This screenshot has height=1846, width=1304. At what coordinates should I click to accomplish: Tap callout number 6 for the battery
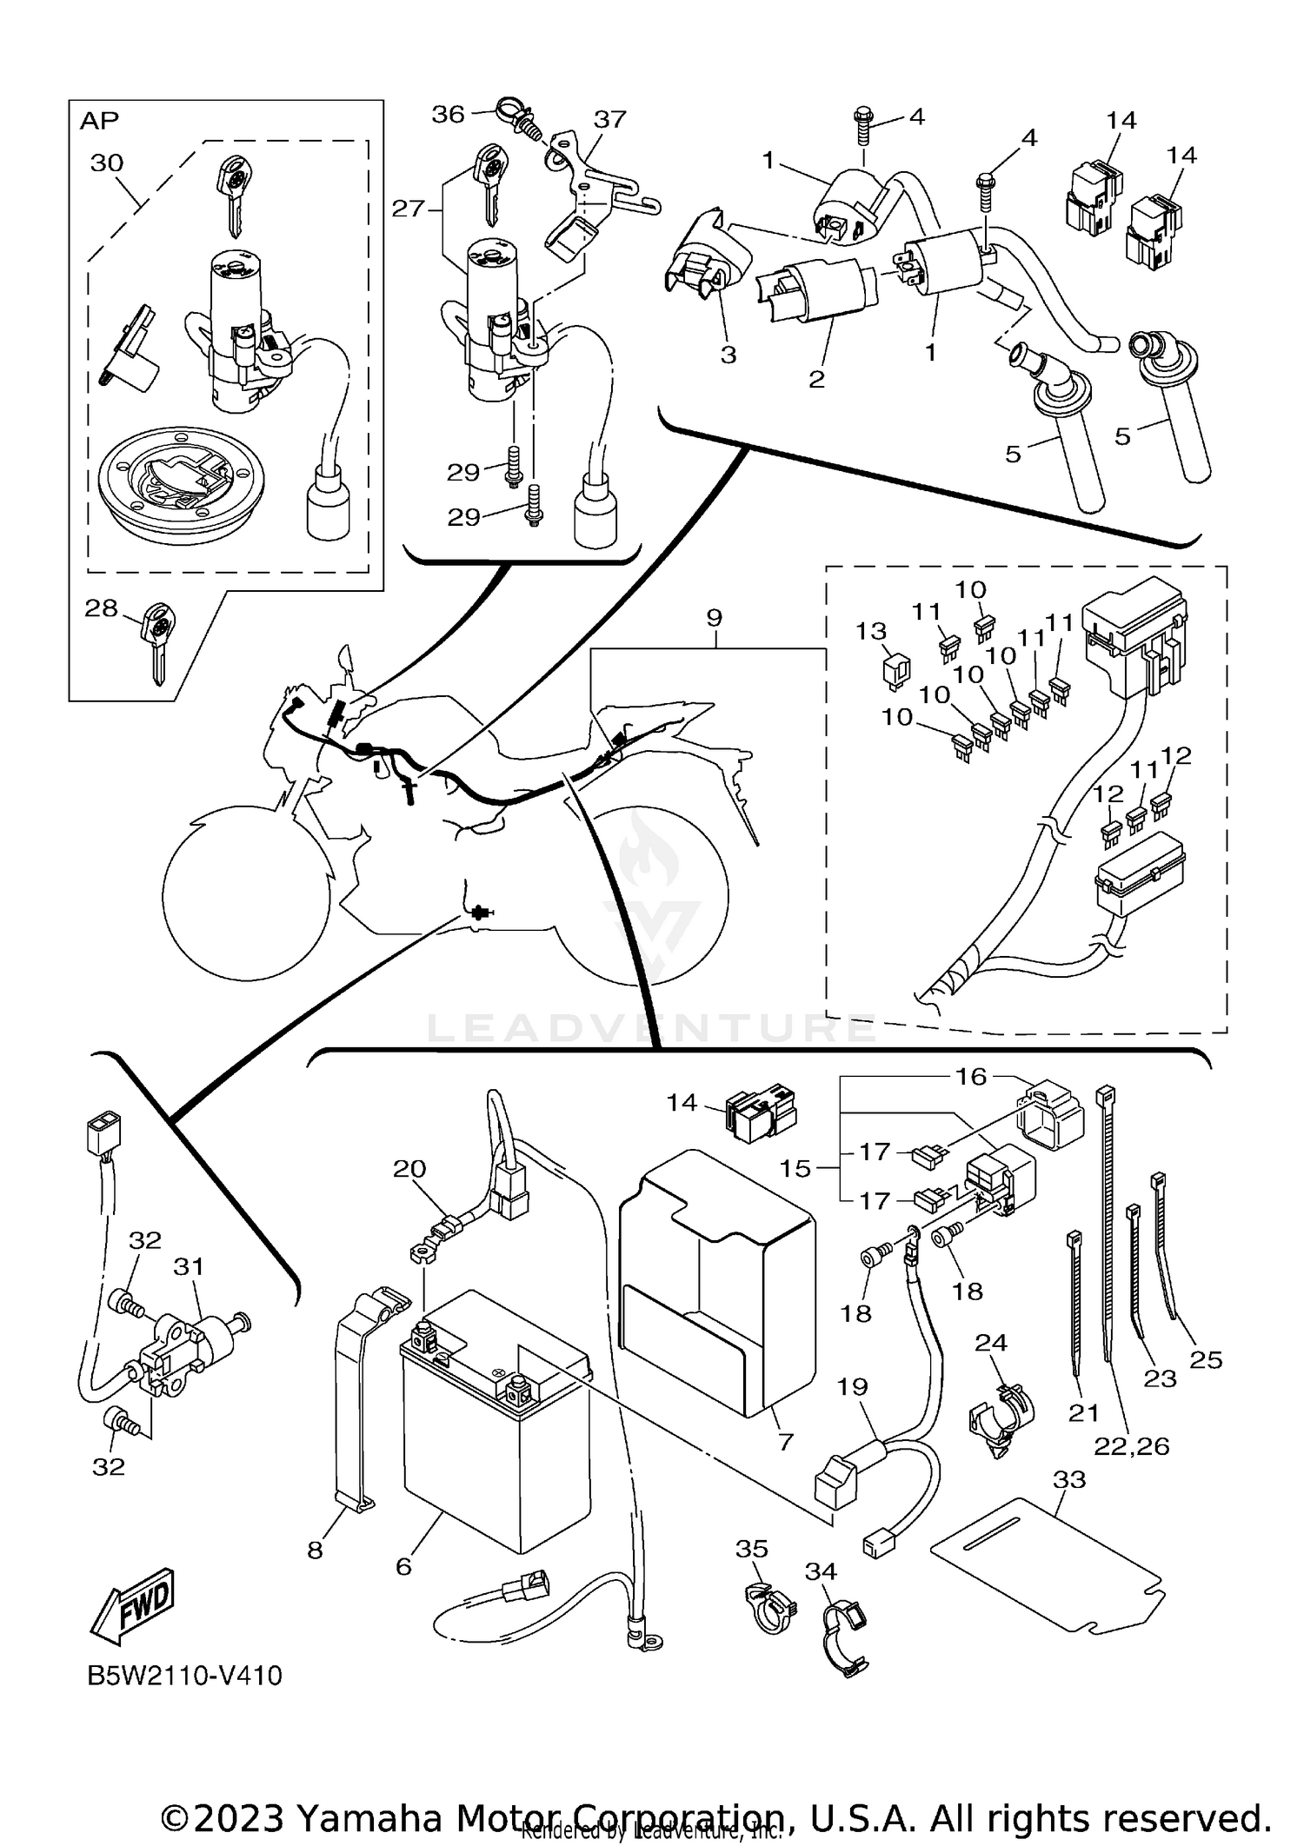point(403,1565)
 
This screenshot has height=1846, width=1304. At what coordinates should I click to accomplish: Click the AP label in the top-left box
point(99,121)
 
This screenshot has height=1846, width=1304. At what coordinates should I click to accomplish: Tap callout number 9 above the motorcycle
point(714,618)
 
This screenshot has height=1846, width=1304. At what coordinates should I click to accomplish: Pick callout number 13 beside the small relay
point(871,632)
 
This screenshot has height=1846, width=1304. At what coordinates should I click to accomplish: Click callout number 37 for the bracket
point(609,119)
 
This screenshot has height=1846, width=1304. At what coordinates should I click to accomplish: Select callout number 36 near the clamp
point(449,114)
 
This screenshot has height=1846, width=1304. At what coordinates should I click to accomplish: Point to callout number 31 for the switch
point(188,1266)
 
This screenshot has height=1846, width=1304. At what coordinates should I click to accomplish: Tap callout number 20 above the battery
point(409,1169)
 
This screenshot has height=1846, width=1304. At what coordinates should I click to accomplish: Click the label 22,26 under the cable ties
point(1131,1446)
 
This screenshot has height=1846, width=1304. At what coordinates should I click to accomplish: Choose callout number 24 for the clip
point(990,1343)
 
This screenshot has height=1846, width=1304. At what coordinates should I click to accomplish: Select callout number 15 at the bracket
point(795,1169)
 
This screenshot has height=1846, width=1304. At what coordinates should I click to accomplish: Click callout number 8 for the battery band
point(315,1550)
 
